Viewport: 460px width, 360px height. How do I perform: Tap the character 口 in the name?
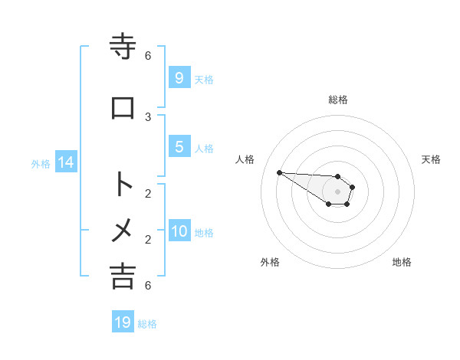(x=123, y=108)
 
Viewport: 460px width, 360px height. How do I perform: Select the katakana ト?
(x=123, y=185)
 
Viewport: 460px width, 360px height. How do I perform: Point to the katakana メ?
(x=123, y=230)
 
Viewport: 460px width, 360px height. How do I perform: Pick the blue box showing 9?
(x=179, y=78)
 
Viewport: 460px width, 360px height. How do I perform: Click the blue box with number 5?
(x=179, y=147)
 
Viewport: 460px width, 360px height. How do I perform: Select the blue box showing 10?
(x=179, y=231)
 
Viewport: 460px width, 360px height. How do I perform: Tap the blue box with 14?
(x=65, y=162)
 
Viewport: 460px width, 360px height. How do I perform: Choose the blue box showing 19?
(x=123, y=322)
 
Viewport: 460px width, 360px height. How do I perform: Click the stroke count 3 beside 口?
(x=148, y=116)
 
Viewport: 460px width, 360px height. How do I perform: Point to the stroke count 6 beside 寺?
(x=148, y=55)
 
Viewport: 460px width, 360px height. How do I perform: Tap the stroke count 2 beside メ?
(x=148, y=239)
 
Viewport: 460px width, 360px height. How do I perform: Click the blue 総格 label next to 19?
(x=147, y=324)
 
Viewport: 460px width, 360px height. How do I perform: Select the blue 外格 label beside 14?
(x=41, y=164)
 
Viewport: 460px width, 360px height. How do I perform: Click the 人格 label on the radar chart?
(x=245, y=159)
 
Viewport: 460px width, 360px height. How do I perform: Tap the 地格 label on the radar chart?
(x=402, y=262)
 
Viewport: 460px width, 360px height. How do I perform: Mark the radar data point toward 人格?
(x=279, y=172)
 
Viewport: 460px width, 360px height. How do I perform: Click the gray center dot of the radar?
(x=337, y=191)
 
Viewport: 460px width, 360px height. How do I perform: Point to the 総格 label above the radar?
(x=338, y=100)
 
